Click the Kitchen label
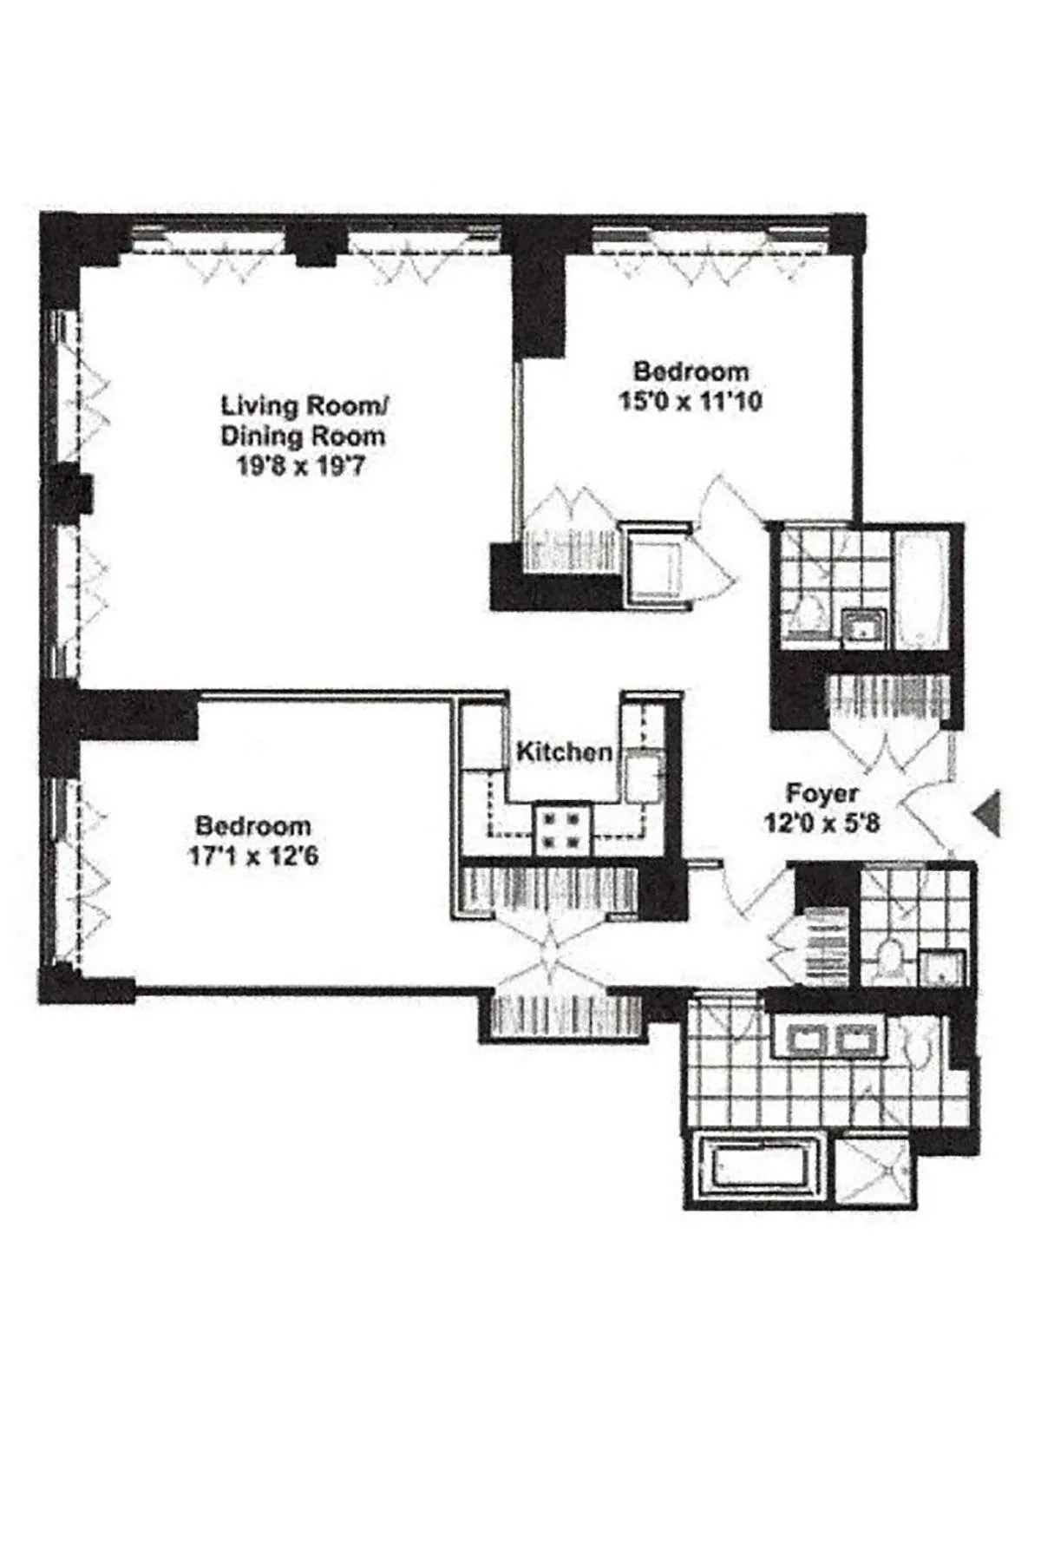(564, 751)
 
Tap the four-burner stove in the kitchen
(562, 829)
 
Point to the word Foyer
(822, 793)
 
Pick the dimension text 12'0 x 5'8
(822, 822)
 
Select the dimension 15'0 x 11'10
(691, 402)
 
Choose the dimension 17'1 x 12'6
(253, 856)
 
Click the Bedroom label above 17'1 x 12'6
(253, 825)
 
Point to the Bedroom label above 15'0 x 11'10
(691, 371)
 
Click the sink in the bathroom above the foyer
(864, 627)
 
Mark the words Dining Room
(302, 436)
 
